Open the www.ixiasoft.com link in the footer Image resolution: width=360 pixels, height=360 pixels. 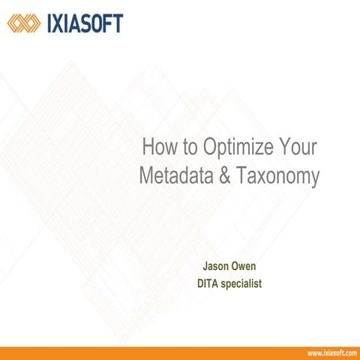pyautogui.click(x=331, y=352)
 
